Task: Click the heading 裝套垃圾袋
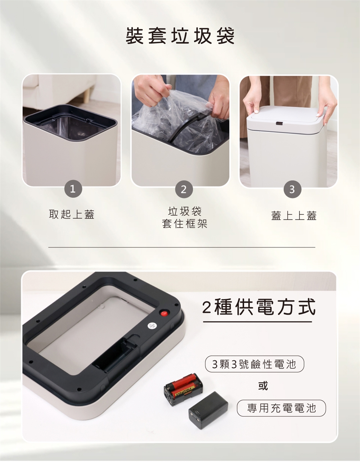point(180,36)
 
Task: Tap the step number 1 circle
point(73,189)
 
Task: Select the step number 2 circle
point(184,189)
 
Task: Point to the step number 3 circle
point(292,189)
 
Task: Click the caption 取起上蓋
point(72,214)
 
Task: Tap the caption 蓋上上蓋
point(294,215)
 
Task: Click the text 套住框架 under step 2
point(184,223)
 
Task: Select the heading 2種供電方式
point(258,307)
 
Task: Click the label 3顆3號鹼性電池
point(254,364)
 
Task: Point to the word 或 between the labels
point(263,385)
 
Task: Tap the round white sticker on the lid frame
point(152,326)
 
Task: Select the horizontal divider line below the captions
point(182,247)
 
